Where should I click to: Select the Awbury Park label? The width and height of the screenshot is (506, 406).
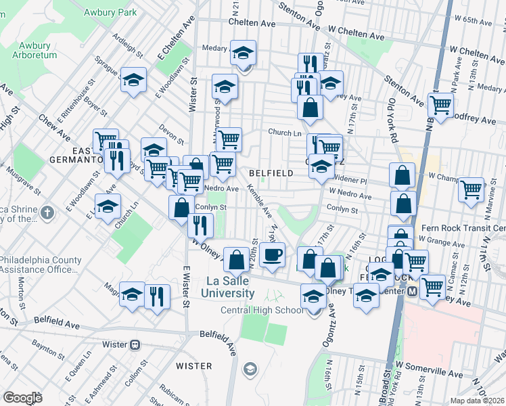[110, 12]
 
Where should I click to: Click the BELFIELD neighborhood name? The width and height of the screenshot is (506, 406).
[271, 173]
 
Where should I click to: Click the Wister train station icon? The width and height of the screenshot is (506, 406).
[135, 344]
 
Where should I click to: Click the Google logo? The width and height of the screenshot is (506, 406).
[22, 398]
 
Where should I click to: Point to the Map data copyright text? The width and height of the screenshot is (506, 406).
[476, 400]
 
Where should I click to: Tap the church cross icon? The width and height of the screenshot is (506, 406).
[46, 212]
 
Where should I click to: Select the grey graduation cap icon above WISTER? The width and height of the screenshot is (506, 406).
[250, 369]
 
